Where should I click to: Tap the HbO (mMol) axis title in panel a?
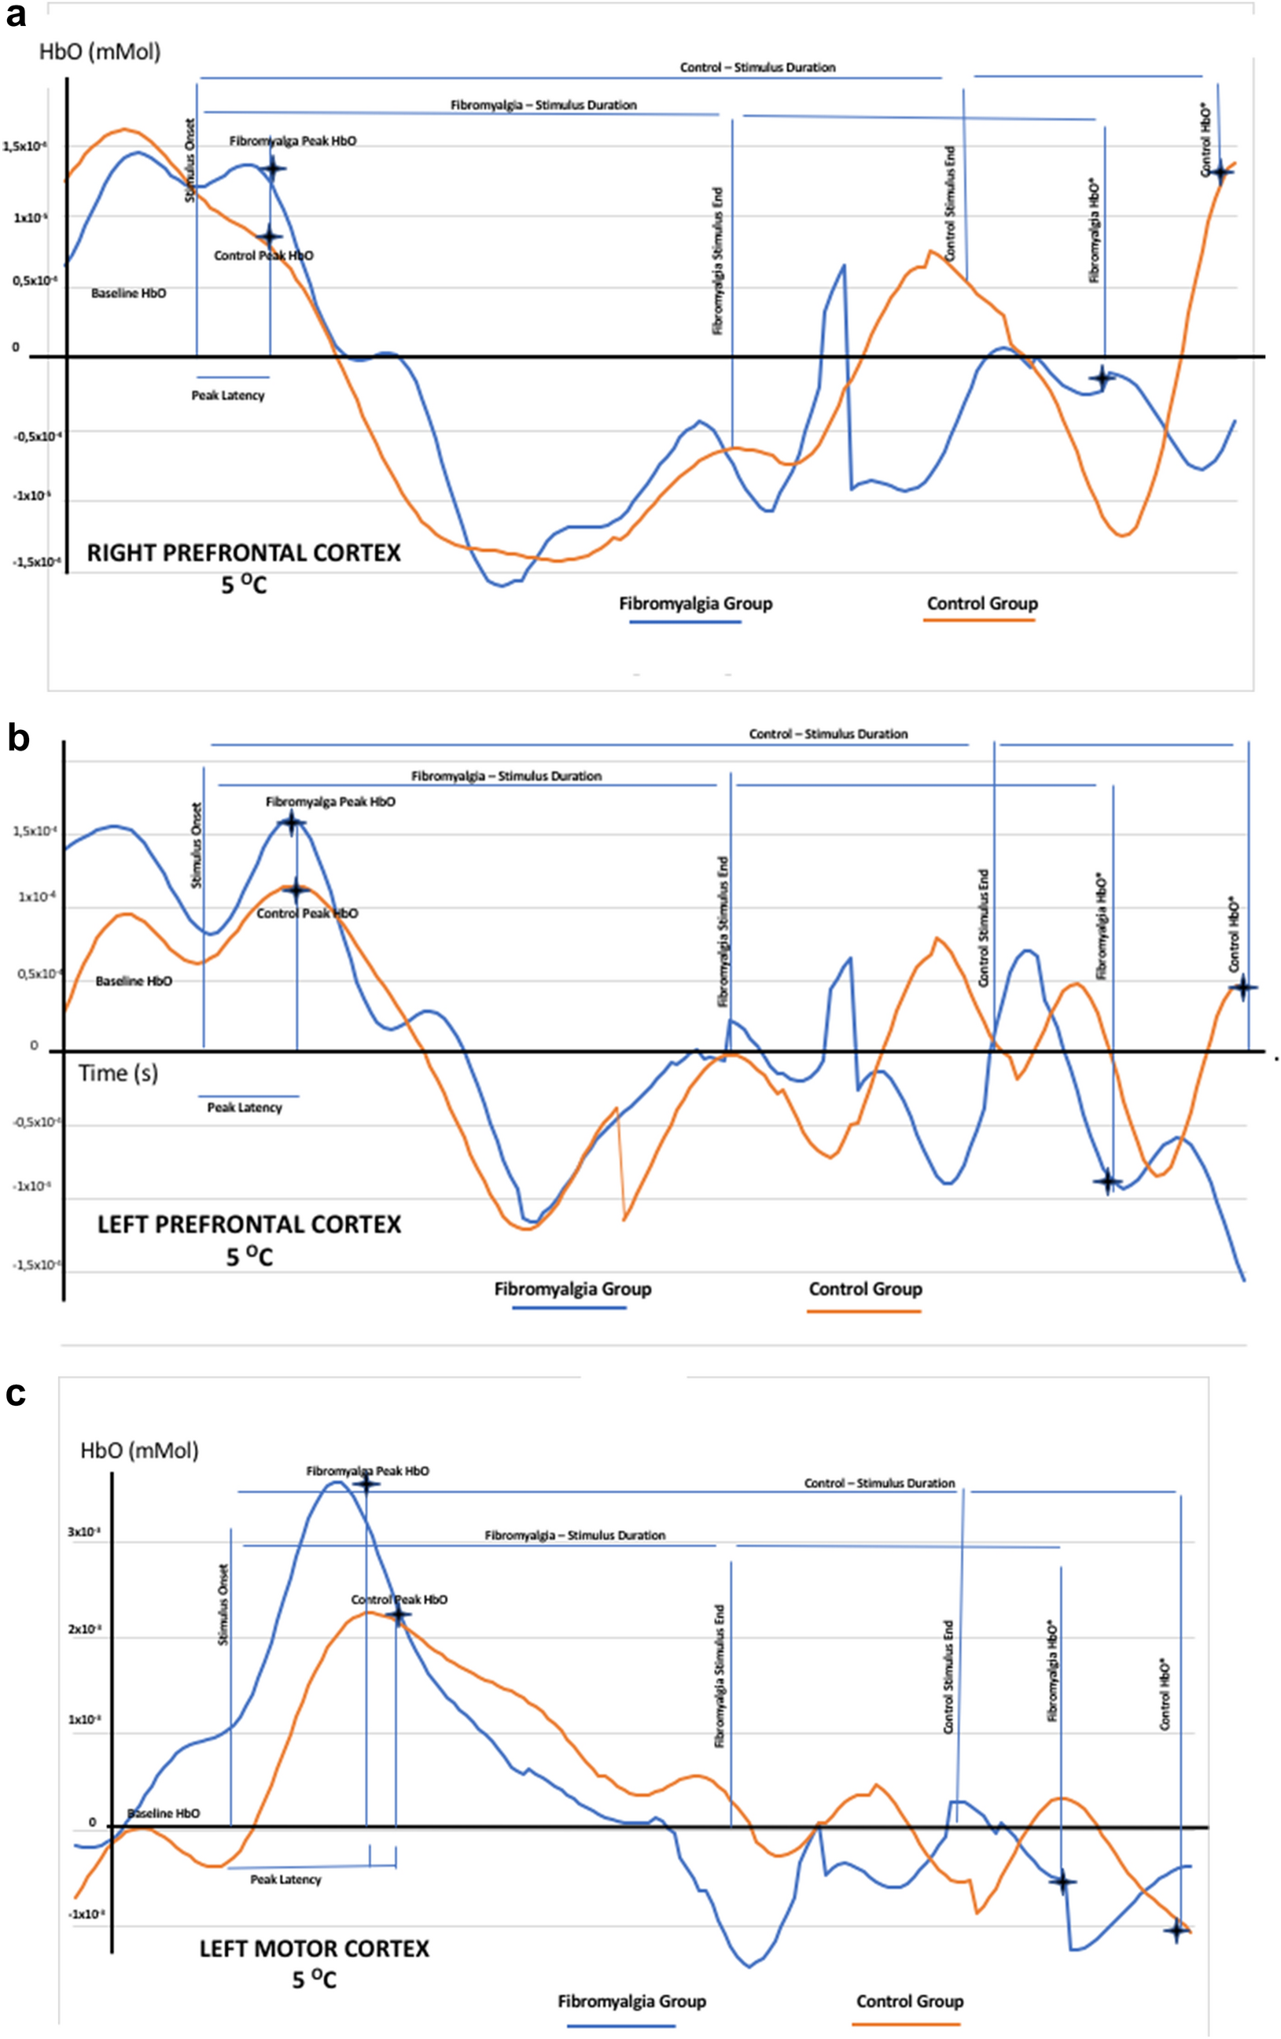pos(100,52)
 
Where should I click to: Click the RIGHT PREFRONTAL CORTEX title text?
pos(244,553)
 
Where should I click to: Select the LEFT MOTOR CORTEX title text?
pos(314,1948)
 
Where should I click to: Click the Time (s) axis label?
pos(119,1074)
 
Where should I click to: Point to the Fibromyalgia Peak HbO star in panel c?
pos(366,1484)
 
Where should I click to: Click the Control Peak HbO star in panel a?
pos(269,236)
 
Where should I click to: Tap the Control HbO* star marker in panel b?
pos(1242,987)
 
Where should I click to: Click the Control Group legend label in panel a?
pos(982,603)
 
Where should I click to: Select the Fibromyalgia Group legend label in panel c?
pos(631,2001)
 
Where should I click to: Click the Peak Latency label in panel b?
pos(245,1108)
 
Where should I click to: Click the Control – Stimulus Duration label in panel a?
pos(758,67)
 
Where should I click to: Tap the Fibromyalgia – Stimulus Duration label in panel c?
pos(575,1536)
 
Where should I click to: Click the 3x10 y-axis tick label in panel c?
pos(85,1532)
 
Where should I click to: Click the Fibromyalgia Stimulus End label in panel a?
pos(718,261)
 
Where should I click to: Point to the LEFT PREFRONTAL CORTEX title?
pos(249,1224)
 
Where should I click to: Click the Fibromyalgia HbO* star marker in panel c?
pos(1062,1882)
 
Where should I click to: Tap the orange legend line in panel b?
pos(863,1311)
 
